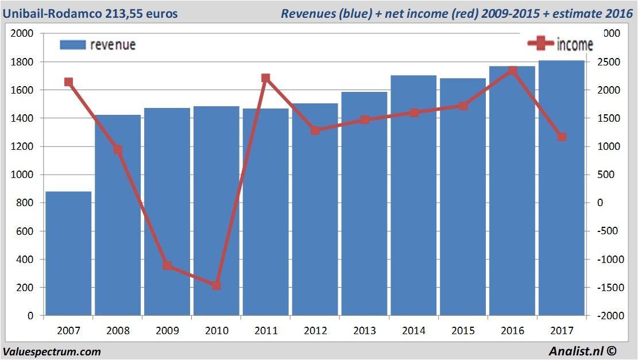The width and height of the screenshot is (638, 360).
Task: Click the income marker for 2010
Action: coord(216,285)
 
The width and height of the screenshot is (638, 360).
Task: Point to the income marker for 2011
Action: coord(265,78)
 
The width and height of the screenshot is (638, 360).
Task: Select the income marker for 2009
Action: coord(167,265)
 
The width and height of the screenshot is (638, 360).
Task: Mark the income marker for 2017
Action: coord(561,137)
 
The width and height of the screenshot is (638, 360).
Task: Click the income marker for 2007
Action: coord(68,82)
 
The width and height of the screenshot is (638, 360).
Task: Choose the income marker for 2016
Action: coord(512,71)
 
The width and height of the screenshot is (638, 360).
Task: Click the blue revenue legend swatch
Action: coord(72,45)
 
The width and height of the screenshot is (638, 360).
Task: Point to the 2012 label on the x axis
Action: coord(315,331)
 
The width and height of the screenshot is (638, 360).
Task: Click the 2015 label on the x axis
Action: coord(463,331)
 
